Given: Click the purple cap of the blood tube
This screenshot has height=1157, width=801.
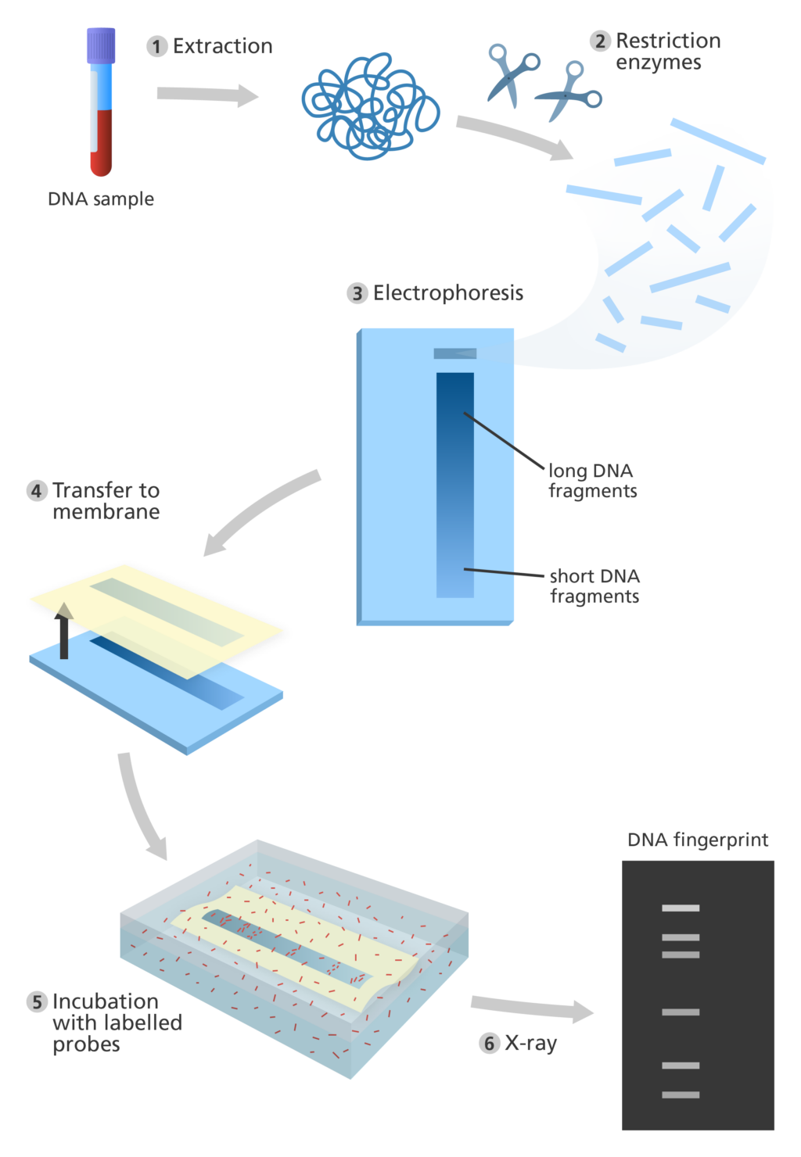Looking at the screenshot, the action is pyautogui.click(x=101, y=45).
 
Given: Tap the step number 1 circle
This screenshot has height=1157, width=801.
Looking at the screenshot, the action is pyautogui.click(x=156, y=46).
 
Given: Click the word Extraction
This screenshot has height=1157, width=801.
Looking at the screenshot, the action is pyautogui.click(x=222, y=46).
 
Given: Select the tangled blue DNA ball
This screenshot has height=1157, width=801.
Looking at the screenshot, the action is pyautogui.click(x=371, y=106).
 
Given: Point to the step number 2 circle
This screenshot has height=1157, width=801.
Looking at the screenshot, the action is pyautogui.click(x=600, y=41).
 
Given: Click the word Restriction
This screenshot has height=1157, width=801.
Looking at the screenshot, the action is pyautogui.click(x=668, y=41).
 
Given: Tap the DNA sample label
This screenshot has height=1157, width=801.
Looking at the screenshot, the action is pyautogui.click(x=101, y=199).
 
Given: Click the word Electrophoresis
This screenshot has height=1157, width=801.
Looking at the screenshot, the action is pyautogui.click(x=448, y=293).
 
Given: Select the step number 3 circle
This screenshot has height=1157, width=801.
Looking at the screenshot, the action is pyautogui.click(x=357, y=293).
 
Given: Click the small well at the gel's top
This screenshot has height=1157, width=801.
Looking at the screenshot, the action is pyautogui.click(x=454, y=353).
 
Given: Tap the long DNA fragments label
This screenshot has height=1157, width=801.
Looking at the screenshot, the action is pyautogui.click(x=592, y=480).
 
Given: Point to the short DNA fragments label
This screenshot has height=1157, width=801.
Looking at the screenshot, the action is pyautogui.click(x=594, y=586).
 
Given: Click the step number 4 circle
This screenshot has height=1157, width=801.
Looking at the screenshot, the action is pyautogui.click(x=37, y=491).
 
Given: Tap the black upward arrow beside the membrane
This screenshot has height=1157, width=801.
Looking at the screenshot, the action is pyautogui.click(x=64, y=631).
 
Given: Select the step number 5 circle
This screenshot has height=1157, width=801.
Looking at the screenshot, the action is pyautogui.click(x=37, y=1001).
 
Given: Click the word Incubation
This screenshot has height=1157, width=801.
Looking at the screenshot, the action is pyautogui.click(x=106, y=1001).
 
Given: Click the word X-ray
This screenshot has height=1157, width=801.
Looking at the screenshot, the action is pyautogui.click(x=530, y=1043).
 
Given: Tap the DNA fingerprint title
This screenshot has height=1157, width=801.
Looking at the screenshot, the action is pyautogui.click(x=698, y=840).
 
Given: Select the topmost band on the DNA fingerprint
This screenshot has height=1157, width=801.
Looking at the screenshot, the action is pyautogui.click(x=681, y=908).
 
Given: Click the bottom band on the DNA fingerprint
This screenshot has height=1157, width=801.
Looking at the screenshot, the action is pyautogui.click(x=681, y=1094).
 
